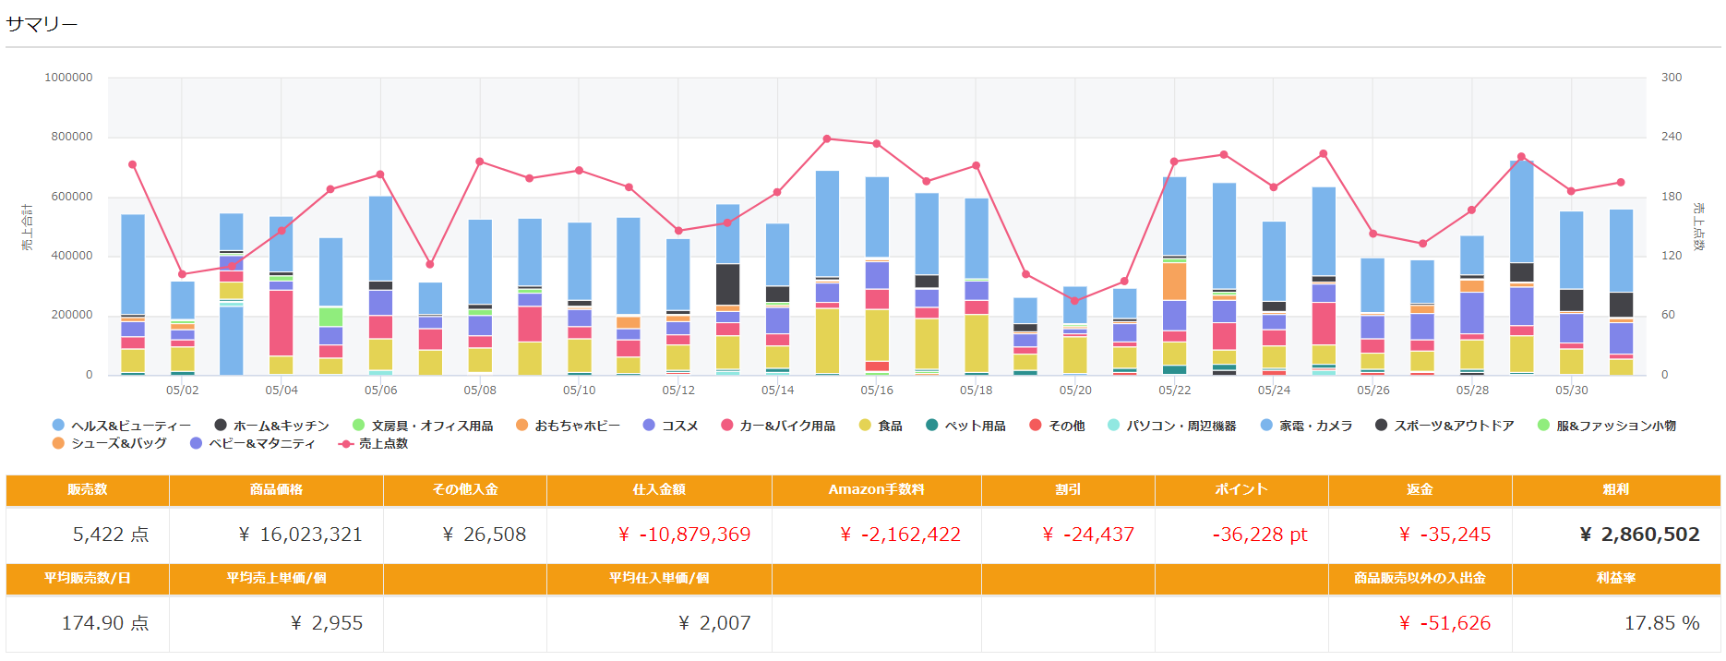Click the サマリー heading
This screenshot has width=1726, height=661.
tap(42, 24)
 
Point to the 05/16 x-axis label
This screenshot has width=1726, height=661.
tap(877, 391)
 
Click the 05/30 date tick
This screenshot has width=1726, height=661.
tap(1572, 391)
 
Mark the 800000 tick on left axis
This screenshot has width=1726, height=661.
tap(71, 137)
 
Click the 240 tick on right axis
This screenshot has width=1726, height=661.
tap(1672, 137)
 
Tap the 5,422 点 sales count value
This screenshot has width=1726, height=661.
tap(111, 535)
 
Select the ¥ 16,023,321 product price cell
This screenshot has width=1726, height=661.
tap(300, 535)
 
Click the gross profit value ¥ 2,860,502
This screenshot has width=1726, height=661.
tap(1639, 535)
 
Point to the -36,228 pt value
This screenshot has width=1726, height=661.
tap(1259, 535)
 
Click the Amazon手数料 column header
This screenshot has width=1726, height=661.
tap(876, 489)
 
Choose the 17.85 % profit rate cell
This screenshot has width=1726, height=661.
tap(1661, 623)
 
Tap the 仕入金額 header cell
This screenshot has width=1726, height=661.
tap(659, 489)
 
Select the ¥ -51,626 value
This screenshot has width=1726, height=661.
tap(1444, 623)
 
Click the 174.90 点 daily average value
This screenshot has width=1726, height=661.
tap(105, 623)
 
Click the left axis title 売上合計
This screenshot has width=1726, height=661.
tap(28, 227)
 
